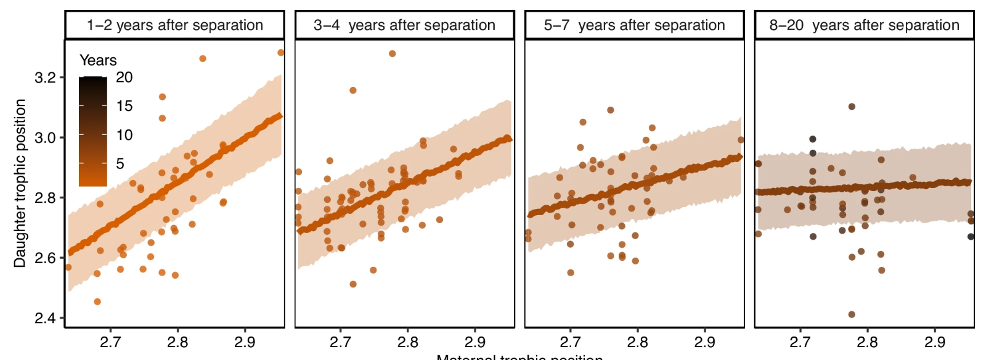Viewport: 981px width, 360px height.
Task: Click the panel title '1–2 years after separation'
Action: click(x=174, y=25)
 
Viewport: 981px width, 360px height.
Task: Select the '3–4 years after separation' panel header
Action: click(x=404, y=25)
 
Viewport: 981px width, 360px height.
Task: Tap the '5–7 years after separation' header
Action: click(x=634, y=25)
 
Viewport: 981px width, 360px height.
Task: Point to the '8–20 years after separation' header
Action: click(x=864, y=25)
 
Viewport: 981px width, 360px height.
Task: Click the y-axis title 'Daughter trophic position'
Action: click(x=20, y=183)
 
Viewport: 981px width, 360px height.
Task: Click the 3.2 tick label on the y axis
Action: click(x=45, y=78)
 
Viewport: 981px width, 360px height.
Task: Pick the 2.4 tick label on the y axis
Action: click(x=45, y=318)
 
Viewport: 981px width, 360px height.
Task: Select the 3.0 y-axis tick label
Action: click(x=45, y=137)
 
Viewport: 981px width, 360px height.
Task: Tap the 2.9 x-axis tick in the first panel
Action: click(x=245, y=342)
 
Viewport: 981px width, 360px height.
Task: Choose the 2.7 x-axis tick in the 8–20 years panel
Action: click(x=800, y=342)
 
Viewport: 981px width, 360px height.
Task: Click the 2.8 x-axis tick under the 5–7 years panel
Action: click(x=637, y=342)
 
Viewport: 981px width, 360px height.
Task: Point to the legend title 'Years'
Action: click(x=98, y=60)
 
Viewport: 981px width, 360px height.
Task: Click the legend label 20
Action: click(x=124, y=78)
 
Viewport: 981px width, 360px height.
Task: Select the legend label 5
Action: click(x=120, y=164)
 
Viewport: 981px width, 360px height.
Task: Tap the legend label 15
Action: click(x=124, y=106)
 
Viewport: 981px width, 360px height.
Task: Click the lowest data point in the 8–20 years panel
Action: click(x=852, y=314)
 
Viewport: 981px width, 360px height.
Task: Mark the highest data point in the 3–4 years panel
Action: click(x=393, y=54)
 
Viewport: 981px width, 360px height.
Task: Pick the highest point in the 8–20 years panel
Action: click(x=852, y=107)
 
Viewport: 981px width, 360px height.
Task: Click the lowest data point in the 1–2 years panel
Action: click(x=97, y=301)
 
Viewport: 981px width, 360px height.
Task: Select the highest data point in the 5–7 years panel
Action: click(x=611, y=110)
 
